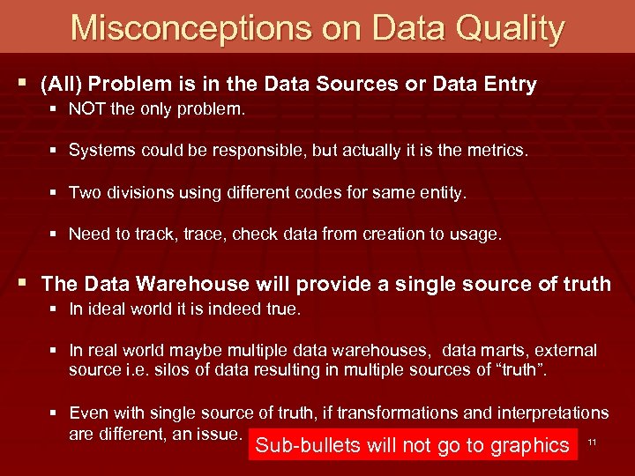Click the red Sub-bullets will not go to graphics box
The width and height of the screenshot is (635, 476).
(x=412, y=445)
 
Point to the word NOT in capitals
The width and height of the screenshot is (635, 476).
(x=86, y=110)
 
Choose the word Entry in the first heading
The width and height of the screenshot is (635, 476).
(x=504, y=85)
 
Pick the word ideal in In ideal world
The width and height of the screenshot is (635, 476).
(x=108, y=309)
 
